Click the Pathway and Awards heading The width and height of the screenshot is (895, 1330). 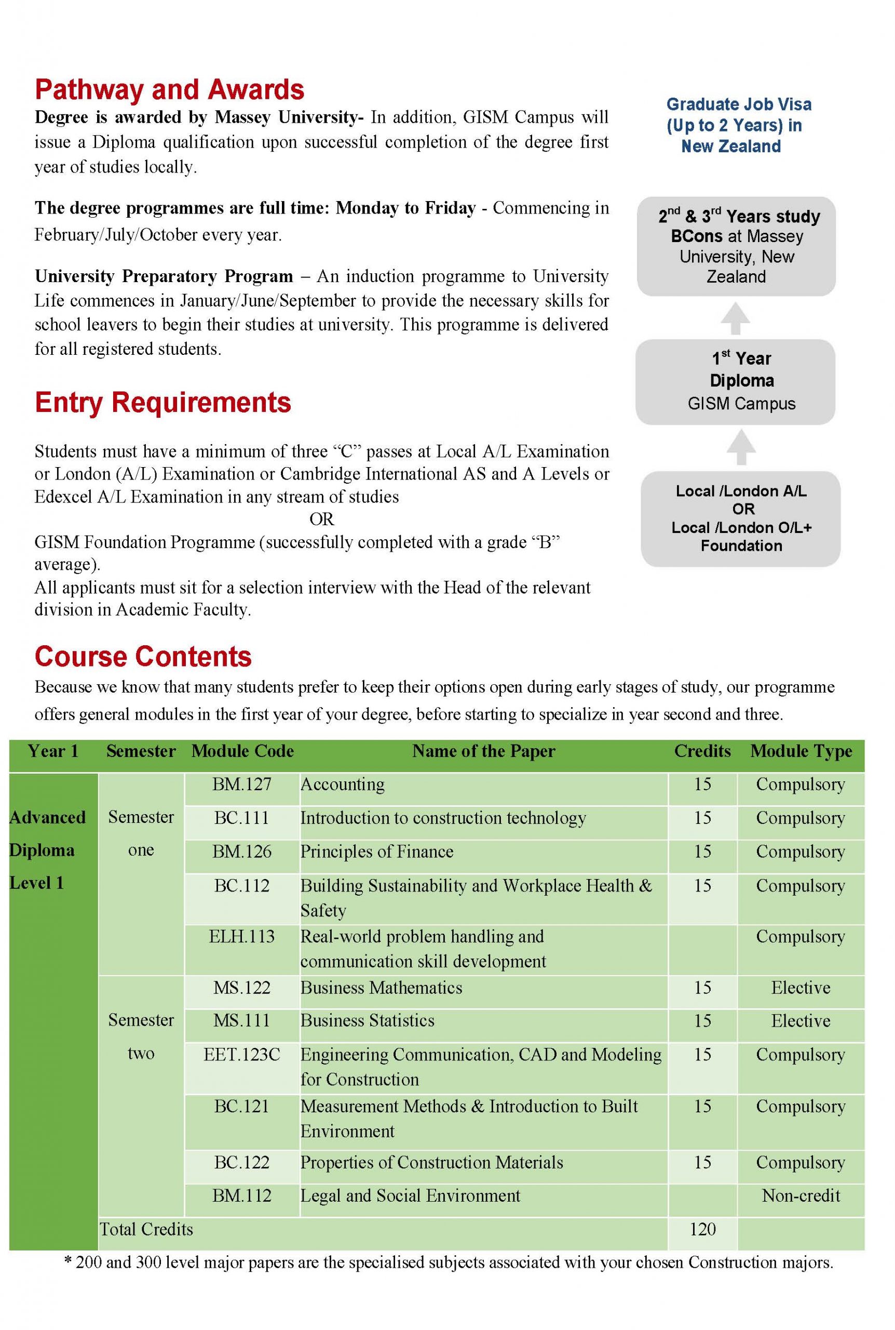[170, 90]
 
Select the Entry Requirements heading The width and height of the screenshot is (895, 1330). [162, 403]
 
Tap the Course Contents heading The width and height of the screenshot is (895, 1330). [143, 657]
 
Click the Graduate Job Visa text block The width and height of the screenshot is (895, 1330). [738, 125]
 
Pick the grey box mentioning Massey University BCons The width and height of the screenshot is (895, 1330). [736, 246]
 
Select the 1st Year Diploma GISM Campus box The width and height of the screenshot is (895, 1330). [736, 381]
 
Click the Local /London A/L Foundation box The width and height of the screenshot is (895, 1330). [740, 518]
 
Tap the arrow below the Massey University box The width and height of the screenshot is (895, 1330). [735, 318]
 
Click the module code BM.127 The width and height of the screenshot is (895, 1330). [242, 784]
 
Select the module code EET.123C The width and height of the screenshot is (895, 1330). [242, 1055]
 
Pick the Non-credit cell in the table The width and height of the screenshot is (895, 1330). [801, 1196]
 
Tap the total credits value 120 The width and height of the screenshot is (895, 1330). [702, 1229]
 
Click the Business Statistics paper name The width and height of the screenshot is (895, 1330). [368, 1020]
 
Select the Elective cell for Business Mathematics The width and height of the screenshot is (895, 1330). [801, 987]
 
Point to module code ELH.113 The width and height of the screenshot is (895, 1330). [242, 937]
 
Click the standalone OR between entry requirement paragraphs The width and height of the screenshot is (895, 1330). [321, 519]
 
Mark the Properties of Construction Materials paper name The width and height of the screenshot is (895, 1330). [431, 1162]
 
